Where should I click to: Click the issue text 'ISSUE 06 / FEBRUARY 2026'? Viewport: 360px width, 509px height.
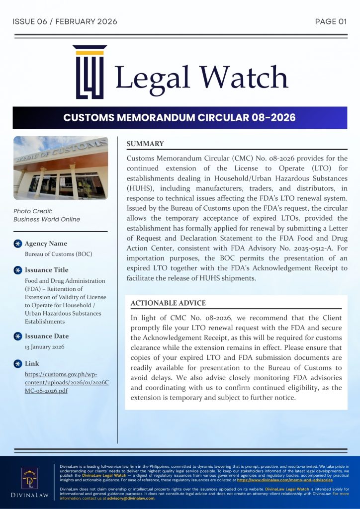(65, 21)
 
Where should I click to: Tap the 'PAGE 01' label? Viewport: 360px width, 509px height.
(331, 21)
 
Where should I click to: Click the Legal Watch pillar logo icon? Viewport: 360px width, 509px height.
(90, 73)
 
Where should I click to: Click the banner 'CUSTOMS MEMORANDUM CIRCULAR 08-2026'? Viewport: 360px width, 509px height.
(180, 118)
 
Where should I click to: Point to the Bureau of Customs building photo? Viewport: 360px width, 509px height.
(60, 168)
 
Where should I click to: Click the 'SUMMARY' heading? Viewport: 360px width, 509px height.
(145, 144)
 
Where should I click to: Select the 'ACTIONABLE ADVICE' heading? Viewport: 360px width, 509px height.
(168, 303)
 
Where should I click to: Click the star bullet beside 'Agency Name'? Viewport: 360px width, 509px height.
(18, 244)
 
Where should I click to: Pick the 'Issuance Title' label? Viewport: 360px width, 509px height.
(47, 270)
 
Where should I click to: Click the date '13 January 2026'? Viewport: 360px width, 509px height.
(45, 347)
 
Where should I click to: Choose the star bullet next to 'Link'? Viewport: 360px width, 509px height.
(18, 363)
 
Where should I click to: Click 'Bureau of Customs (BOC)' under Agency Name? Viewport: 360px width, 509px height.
(59, 254)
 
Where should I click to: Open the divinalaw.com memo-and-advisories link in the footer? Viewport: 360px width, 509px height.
(285, 480)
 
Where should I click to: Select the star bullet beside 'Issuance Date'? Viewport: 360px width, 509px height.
(18, 337)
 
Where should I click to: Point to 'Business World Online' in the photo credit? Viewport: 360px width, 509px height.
(46, 219)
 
